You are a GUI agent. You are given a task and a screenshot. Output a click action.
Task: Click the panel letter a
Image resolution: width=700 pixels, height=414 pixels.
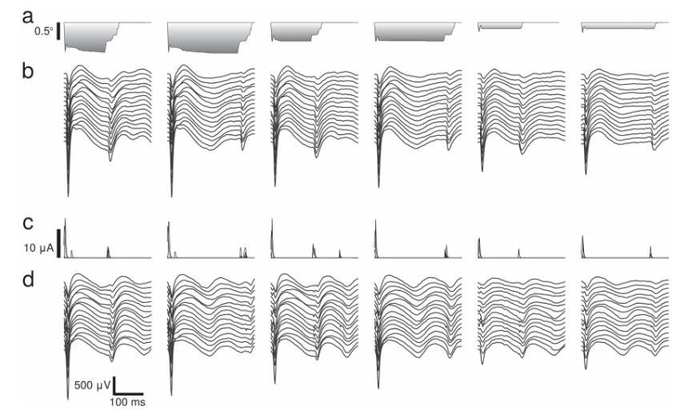coord(29,16)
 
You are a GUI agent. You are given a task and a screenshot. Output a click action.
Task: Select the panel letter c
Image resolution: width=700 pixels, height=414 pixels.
coord(29,223)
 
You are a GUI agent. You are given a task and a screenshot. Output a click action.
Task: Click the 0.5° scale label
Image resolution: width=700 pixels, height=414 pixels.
coord(42,32)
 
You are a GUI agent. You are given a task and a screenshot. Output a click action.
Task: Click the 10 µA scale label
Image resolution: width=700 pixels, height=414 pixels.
coord(39,248)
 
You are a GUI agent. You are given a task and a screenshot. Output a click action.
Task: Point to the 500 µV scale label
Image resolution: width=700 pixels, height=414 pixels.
coord(91,385)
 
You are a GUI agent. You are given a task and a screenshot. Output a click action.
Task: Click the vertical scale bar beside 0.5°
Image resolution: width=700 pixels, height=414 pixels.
coord(58,33)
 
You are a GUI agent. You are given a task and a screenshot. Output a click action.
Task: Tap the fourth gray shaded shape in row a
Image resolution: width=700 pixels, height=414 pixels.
coord(412,31)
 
